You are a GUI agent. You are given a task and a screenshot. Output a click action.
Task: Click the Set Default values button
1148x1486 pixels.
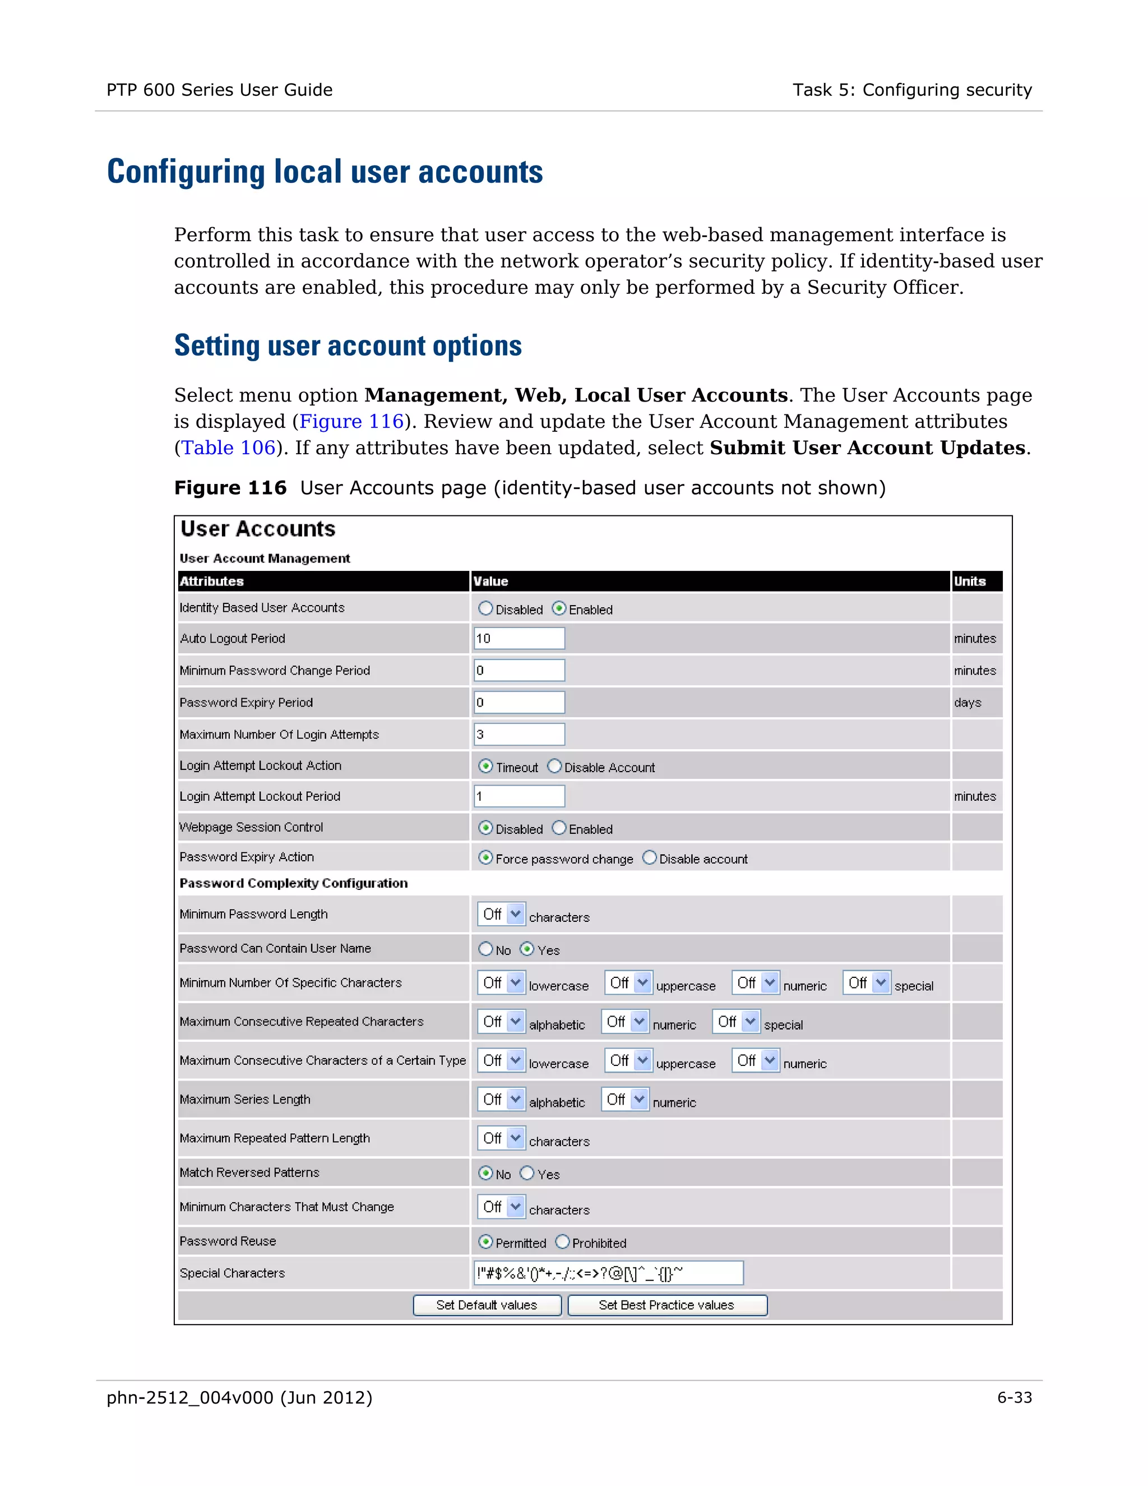(487, 1304)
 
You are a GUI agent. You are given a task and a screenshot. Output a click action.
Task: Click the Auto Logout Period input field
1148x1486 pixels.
(519, 638)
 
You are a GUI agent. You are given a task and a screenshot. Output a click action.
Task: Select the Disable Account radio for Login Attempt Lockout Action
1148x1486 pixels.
(555, 766)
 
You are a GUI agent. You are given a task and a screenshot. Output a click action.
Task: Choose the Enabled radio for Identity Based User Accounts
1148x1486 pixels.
(559, 608)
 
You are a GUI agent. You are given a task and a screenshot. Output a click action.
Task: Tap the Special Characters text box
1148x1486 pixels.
(608, 1272)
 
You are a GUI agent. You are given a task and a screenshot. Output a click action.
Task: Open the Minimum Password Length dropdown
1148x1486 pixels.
(501, 914)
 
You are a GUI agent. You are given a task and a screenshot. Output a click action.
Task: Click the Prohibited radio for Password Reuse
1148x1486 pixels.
(562, 1242)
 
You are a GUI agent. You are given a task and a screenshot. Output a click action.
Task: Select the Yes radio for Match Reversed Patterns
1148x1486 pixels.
(527, 1173)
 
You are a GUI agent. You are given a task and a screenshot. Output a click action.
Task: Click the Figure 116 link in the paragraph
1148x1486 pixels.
(351, 421)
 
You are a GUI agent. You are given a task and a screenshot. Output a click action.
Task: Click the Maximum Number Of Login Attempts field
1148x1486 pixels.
(519, 734)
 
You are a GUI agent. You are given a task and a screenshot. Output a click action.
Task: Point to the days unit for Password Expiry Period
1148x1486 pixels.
(967, 702)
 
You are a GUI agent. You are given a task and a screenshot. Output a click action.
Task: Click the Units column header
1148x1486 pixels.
(970, 581)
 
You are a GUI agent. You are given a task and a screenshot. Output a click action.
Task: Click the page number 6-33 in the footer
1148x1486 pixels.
(1014, 1397)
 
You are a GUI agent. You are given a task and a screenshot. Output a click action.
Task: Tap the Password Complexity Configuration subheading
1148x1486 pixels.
(294, 883)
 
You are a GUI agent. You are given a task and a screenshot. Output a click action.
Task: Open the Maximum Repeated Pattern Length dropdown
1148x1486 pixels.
(501, 1138)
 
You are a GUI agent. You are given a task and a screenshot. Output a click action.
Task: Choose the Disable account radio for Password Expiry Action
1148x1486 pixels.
(650, 857)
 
